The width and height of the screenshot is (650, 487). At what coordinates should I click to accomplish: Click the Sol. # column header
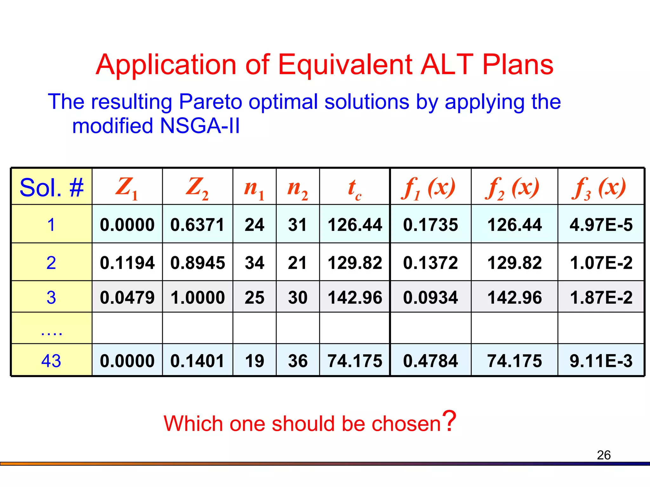click(x=51, y=187)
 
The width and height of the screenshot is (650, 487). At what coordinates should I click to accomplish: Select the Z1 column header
click(x=127, y=187)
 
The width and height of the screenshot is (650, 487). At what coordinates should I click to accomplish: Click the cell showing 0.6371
click(x=197, y=225)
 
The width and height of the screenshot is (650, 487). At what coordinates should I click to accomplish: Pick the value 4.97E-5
click(x=601, y=225)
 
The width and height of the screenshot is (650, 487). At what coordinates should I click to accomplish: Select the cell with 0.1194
click(x=127, y=263)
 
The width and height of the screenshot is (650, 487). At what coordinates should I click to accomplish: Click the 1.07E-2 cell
click(x=601, y=263)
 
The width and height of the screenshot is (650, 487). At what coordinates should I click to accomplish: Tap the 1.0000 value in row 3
click(x=197, y=297)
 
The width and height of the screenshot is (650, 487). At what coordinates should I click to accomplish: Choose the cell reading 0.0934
click(x=430, y=297)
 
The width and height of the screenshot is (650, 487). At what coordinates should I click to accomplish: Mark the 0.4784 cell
click(x=430, y=361)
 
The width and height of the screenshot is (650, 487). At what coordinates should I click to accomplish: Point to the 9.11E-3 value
click(x=601, y=361)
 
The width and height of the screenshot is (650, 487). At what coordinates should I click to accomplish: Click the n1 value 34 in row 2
click(x=254, y=263)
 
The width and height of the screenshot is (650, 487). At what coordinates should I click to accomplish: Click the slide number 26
click(x=604, y=455)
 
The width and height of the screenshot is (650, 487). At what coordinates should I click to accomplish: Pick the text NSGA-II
click(x=200, y=126)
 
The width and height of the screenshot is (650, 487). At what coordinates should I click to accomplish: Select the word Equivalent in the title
click(x=346, y=65)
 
